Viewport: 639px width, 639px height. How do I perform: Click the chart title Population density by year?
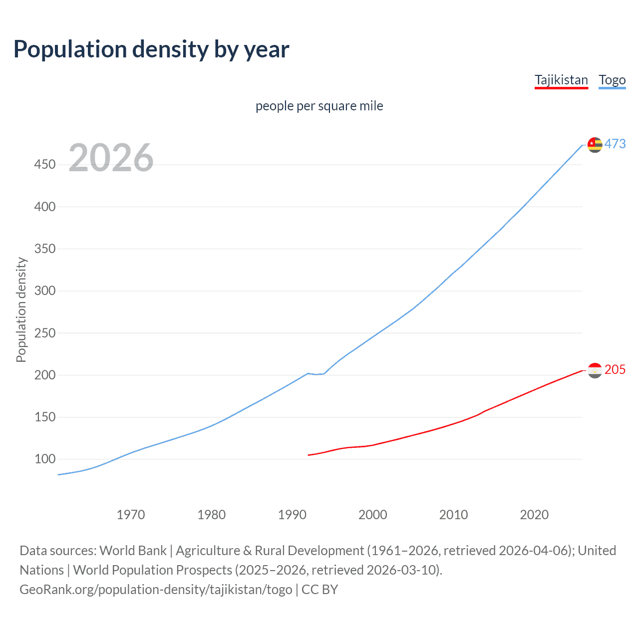click(x=151, y=49)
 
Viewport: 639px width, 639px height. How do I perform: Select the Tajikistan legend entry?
click(x=561, y=80)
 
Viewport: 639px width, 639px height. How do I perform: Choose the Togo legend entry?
click(x=612, y=80)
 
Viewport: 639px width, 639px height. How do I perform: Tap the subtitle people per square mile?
click(x=319, y=106)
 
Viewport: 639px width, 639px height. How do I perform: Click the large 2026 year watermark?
click(x=111, y=158)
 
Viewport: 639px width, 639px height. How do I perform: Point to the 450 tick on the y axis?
click(x=45, y=164)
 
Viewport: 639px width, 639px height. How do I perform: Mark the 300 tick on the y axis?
click(x=45, y=291)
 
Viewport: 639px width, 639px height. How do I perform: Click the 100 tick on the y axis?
click(x=45, y=459)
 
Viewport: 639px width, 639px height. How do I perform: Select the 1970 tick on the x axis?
click(x=131, y=515)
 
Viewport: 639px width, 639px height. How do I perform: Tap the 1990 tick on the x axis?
click(x=292, y=515)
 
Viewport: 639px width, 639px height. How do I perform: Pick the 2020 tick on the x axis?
click(x=534, y=515)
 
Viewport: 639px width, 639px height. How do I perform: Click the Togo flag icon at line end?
click(x=595, y=145)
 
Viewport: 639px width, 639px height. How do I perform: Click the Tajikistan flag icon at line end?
click(x=595, y=370)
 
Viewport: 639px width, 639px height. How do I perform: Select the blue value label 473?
click(x=615, y=144)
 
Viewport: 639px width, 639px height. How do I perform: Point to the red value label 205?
click(x=615, y=369)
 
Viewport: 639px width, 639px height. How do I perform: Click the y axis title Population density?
click(x=21, y=310)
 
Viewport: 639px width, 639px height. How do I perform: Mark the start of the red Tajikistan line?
click(x=309, y=455)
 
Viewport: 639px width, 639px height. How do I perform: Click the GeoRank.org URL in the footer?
click(x=156, y=590)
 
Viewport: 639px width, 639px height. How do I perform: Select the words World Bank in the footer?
click(x=133, y=551)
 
